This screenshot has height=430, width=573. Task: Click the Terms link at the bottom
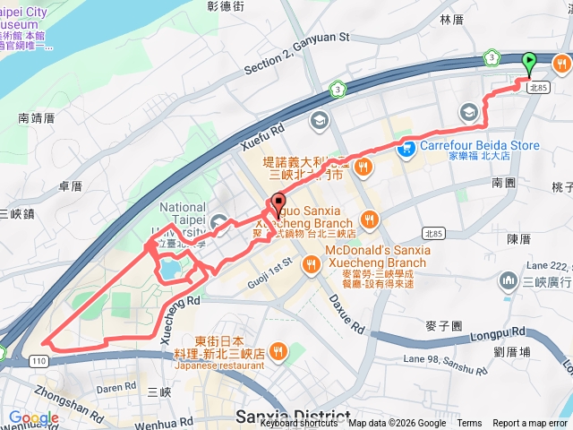click(469, 424)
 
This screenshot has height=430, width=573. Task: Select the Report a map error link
click(530, 424)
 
